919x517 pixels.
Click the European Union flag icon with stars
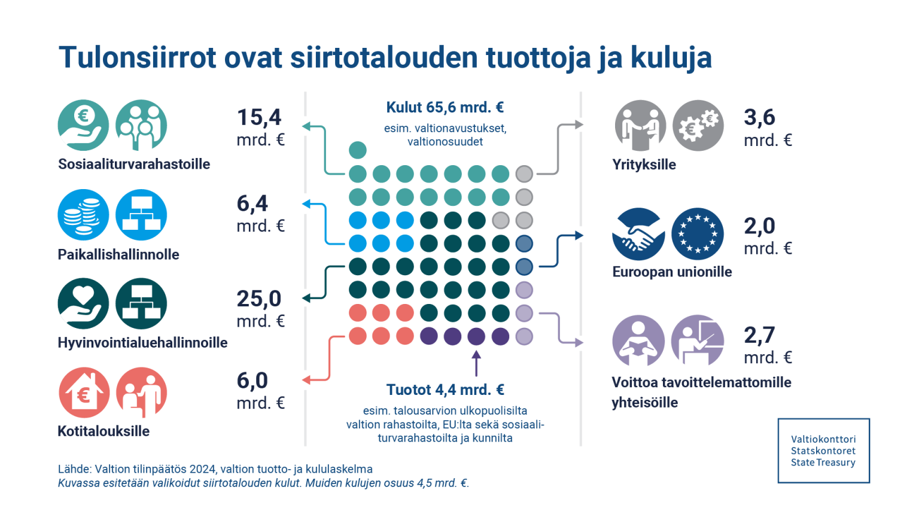click(x=698, y=234)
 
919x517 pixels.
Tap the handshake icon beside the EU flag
click(x=638, y=234)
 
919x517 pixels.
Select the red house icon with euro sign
click(x=84, y=393)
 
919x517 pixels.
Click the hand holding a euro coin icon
click(x=83, y=125)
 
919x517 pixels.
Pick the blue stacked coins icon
click(x=83, y=215)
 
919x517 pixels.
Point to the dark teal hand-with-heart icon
click(x=83, y=303)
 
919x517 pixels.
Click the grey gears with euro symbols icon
click(x=698, y=126)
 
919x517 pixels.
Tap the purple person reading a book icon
click(x=638, y=340)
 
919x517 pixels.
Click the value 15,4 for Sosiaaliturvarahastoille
click(x=259, y=117)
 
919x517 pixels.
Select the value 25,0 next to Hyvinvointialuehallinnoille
click(x=259, y=299)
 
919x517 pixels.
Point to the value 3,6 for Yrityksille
click(x=759, y=117)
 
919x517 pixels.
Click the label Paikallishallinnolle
click(x=118, y=254)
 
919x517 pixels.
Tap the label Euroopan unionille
click(x=672, y=272)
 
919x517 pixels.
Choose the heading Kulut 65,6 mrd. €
click(x=445, y=108)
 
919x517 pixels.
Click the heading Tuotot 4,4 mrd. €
click(x=445, y=390)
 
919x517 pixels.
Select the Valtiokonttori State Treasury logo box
click(x=823, y=451)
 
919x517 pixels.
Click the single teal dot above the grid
click(x=357, y=150)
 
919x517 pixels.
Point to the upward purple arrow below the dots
click(x=476, y=363)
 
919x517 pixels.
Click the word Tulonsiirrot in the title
click(x=138, y=58)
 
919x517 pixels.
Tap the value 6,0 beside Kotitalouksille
click(x=252, y=381)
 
